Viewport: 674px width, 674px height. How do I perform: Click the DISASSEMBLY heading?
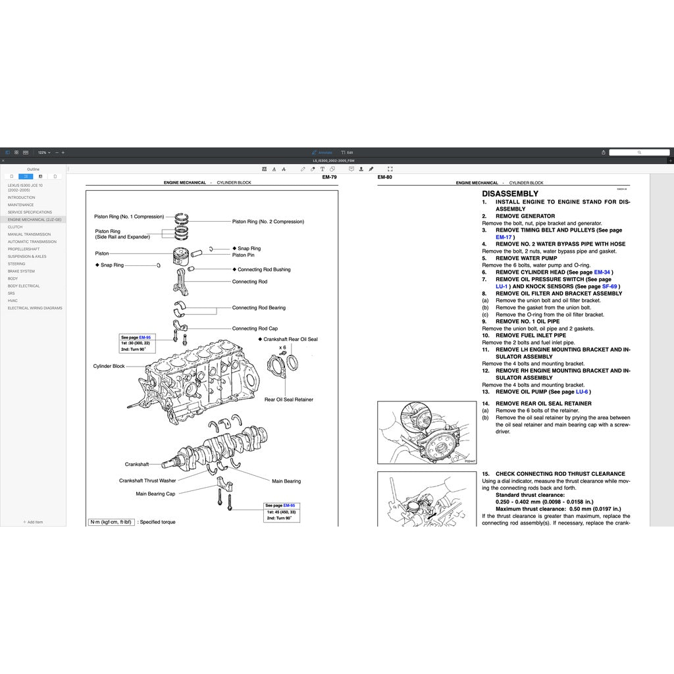(510, 194)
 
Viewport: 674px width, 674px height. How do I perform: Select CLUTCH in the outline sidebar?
(15, 227)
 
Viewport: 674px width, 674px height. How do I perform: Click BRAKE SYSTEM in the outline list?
(21, 271)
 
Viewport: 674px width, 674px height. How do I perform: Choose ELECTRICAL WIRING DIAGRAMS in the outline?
(35, 308)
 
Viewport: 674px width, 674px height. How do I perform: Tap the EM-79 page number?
(329, 177)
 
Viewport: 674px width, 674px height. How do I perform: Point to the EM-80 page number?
(384, 177)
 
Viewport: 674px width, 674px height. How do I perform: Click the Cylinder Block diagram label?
(109, 366)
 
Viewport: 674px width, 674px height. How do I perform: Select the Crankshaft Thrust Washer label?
(147, 480)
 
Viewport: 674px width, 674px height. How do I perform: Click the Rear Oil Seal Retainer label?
(289, 400)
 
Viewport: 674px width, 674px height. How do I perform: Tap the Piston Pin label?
(243, 255)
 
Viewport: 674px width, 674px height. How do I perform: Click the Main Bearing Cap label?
(155, 494)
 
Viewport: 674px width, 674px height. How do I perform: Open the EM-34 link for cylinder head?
(602, 272)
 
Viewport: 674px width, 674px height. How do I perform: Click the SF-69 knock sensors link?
(609, 286)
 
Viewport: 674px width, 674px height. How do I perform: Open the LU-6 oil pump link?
(582, 392)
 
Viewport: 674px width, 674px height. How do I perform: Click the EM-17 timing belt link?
(503, 237)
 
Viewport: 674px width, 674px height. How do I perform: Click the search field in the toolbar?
(638, 152)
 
